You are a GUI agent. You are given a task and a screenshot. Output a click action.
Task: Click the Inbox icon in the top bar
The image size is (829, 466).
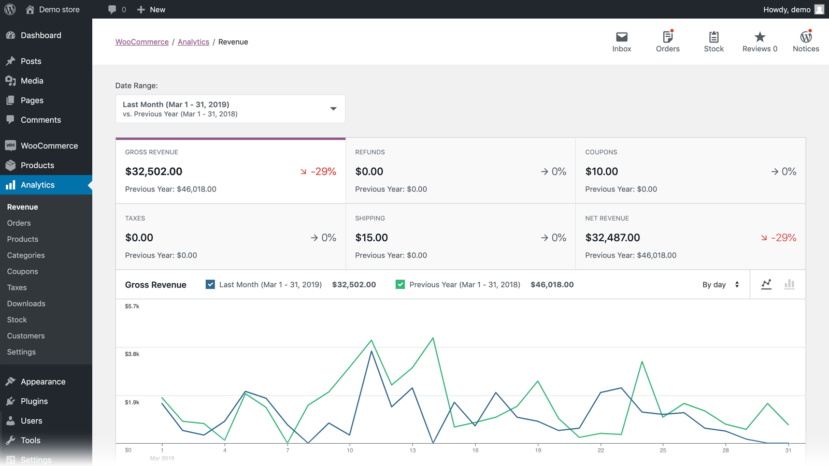[x=621, y=37]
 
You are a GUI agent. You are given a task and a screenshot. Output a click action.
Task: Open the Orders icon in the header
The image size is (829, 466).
[x=667, y=37]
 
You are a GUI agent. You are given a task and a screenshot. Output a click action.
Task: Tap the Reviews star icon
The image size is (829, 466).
[x=760, y=37]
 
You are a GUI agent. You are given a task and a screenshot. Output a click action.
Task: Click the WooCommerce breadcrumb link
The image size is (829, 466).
[x=142, y=42]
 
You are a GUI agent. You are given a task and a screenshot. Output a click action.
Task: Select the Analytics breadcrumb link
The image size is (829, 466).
[x=193, y=42]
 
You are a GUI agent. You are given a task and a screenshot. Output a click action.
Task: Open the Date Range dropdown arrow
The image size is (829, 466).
[x=333, y=109]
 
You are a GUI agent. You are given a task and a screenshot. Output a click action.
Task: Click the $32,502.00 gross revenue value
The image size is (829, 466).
[x=154, y=171]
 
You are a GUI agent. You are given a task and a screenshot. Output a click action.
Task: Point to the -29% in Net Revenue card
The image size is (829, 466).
[x=783, y=238]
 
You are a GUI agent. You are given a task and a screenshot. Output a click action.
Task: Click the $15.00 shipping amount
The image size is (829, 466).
[x=371, y=238]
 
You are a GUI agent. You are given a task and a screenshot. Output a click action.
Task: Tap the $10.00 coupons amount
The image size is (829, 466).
[x=602, y=171]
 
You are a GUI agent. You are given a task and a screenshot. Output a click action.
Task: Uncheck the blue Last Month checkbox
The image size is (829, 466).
[x=210, y=284]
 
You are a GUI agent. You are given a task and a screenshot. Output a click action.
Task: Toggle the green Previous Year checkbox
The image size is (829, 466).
[x=400, y=284]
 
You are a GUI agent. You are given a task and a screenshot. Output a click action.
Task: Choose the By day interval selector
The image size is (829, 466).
[x=720, y=285]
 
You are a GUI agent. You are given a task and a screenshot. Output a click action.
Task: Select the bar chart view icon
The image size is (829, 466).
[x=789, y=284]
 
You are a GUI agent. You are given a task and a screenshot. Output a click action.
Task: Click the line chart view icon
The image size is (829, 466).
[x=766, y=284]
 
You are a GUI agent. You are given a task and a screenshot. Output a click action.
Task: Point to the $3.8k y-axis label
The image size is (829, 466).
[x=132, y=354]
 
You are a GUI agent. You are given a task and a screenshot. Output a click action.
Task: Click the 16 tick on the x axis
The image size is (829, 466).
[x=475, y=450]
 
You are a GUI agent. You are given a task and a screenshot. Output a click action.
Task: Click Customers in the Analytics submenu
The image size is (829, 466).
[x=26, y=336]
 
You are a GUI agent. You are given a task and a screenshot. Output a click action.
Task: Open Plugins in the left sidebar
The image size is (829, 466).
[x=34, y=401]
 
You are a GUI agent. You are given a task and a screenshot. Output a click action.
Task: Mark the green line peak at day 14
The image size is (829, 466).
[x=433, y=338]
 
